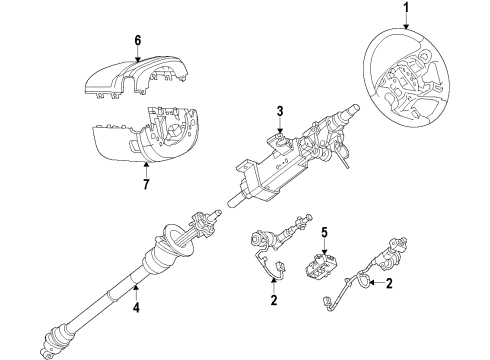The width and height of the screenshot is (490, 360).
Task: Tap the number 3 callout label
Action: click(x=282, y=110)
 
